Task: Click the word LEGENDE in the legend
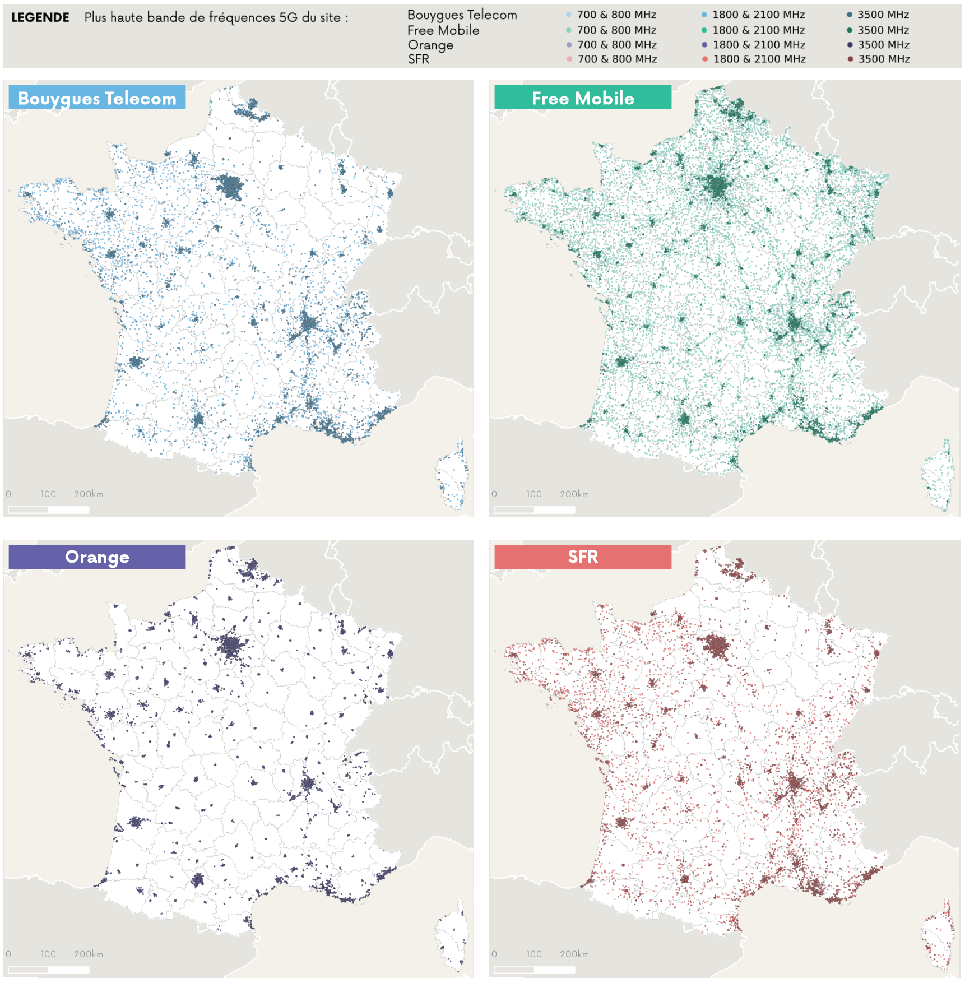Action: (x=40, y=17)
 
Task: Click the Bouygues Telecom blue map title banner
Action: (x=97, y=98)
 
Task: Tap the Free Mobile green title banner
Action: (x=583, y=98)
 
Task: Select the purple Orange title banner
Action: (x=97, y=557)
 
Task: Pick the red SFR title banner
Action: (x=583, y=557)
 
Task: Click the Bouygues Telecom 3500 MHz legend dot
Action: (x=850, y=15)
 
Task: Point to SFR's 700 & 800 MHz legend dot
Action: (x=569, y=59)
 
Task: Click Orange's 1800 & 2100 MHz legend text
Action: (x=759, y=45)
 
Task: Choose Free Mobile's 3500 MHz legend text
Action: (x=883, y=30)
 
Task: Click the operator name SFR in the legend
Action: (x=419, y=59)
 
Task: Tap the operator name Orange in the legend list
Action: (x=430, y=45)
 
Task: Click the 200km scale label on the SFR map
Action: (x=574, y=954)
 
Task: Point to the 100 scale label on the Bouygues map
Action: (x=48, y=494)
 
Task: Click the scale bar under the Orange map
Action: (x=49, y=970)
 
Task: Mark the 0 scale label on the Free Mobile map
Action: (x=494, y=494)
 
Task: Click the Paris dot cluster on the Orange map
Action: (x=231, y=647)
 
